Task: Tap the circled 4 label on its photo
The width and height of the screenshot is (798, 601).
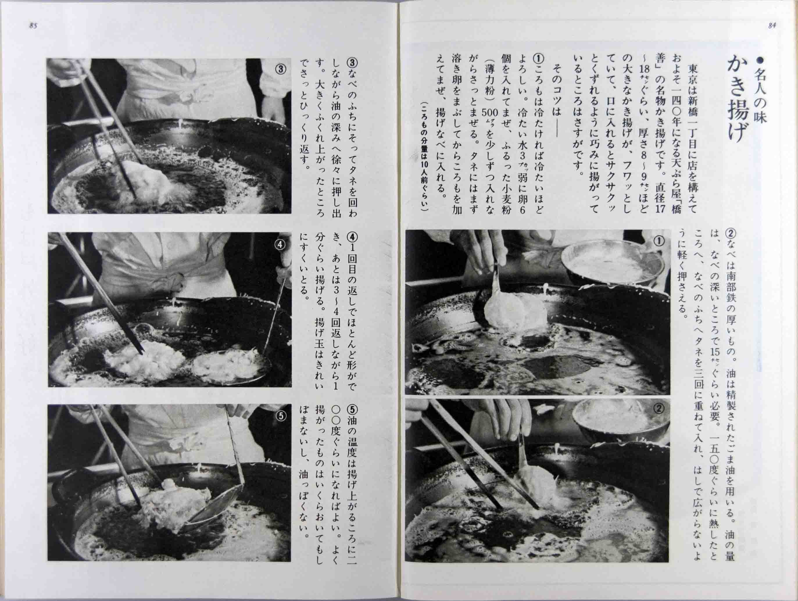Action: (x=280, y=244)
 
